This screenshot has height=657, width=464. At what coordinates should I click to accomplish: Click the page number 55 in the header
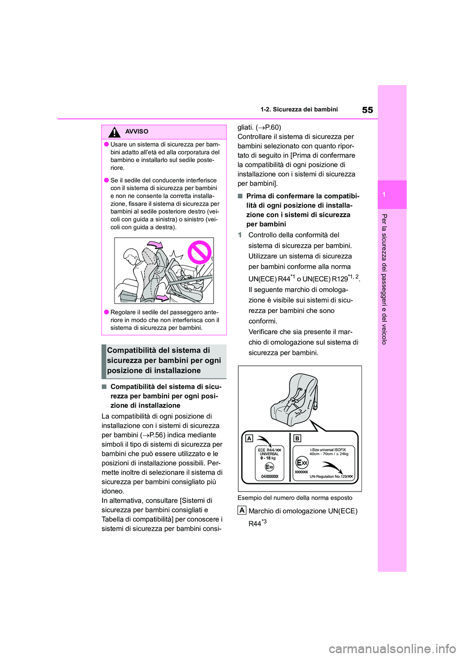pos(367,110)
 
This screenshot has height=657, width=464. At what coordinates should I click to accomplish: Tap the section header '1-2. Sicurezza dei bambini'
pos(299,109)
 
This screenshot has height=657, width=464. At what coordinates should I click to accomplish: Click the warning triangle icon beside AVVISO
pos(115,132)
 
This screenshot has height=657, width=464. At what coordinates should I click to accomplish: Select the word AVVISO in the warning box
pos(137,132)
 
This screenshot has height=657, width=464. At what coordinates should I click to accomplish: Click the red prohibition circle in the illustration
pos(200,253)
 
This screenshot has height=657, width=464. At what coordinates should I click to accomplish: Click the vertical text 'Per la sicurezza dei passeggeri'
pos(384,279)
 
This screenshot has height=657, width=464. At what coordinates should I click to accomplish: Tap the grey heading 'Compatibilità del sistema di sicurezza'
pos(164,361)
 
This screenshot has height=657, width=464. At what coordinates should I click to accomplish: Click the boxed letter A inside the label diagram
pos(249,438)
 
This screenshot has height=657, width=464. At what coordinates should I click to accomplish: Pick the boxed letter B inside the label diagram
pos(297,438)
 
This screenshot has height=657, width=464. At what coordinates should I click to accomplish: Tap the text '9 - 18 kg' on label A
pos(268,458)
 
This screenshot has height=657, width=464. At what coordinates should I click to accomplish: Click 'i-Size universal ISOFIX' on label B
pos(328,450)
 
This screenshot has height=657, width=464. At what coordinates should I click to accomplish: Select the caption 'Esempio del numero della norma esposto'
pos(295,498)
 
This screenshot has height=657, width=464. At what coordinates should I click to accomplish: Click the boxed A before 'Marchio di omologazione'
pos(242,510)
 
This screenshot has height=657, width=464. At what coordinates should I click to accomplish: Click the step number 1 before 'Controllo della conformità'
pos(240,235)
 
